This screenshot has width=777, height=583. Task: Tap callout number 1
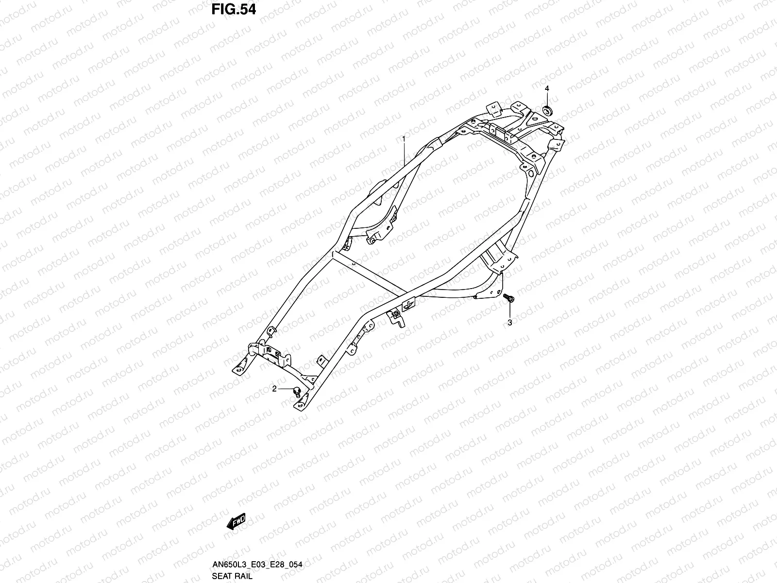[403, 138]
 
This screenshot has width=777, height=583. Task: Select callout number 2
[274, 389]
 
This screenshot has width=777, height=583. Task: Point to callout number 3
[510, 322]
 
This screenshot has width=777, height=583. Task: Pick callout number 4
[546, 88]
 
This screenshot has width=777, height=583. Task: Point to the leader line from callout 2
[285, 390]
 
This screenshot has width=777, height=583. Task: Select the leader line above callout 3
[510, 311]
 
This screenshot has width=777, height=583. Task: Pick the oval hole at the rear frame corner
[530, 172]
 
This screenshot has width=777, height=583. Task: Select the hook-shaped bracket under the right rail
[397, 318]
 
